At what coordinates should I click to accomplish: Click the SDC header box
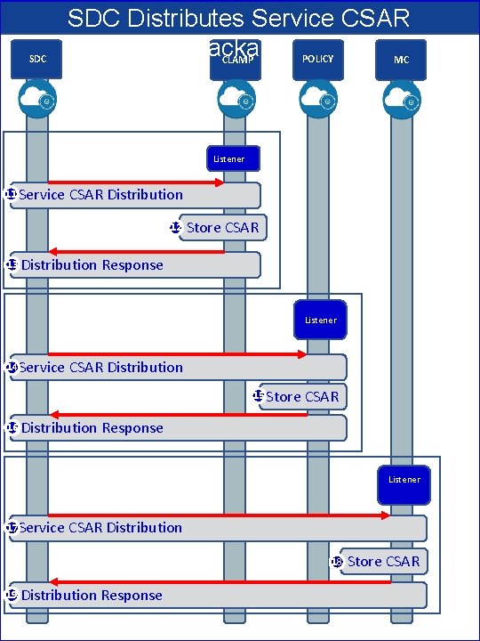pyautogui.click(x=38, y=60)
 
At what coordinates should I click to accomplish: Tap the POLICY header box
pyautogui.click(x=317, y=59)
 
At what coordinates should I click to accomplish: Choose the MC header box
pyautogui.click(x=401, y=60)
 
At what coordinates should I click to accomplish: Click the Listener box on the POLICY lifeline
pyautogui.click(x=320, y=320)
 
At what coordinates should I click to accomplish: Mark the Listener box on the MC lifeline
pyautogui.click(x=404, y=480)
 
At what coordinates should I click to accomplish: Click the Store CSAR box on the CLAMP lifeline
pyautogui.click(x=221, y=228)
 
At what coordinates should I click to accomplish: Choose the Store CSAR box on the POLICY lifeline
pyautogui.click(x=301, y=397)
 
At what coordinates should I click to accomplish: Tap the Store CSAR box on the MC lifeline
pyautogui.click(x=382, y=561)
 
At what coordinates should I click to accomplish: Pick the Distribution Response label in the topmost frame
pyautogui.click(x=92, y=265)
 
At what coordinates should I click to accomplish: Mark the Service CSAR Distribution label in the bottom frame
pyautogui.click(x=100, y=528)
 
